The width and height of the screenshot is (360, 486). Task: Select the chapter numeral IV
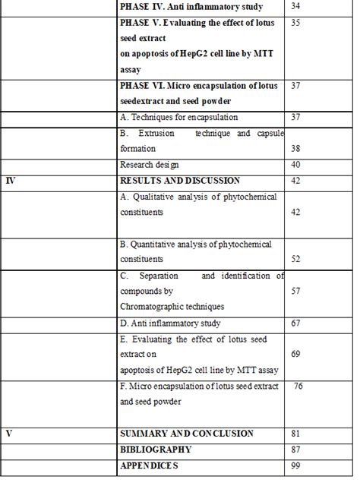click(11, 181)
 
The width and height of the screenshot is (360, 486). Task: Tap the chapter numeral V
click(8, 434)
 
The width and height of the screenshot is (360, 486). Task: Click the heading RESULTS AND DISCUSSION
click(180, 181)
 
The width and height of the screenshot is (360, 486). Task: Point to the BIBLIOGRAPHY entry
click(156, 450)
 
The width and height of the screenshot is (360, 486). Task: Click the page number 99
click(296, 465)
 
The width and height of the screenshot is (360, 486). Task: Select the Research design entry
click(150, 165)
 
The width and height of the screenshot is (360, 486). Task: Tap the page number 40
click(296, 165)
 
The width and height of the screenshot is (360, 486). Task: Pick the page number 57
click(296, 291)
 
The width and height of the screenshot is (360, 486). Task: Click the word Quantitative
click(158, 244)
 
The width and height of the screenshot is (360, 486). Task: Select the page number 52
click(296, 259)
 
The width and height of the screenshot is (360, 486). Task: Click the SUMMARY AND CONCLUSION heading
click(187, 434)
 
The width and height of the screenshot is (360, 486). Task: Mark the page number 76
click(298, 386)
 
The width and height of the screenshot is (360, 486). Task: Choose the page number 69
click(296, 355)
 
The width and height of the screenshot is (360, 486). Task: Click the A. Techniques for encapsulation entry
click(179, 118)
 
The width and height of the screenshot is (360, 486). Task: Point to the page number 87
click(296, 450)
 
